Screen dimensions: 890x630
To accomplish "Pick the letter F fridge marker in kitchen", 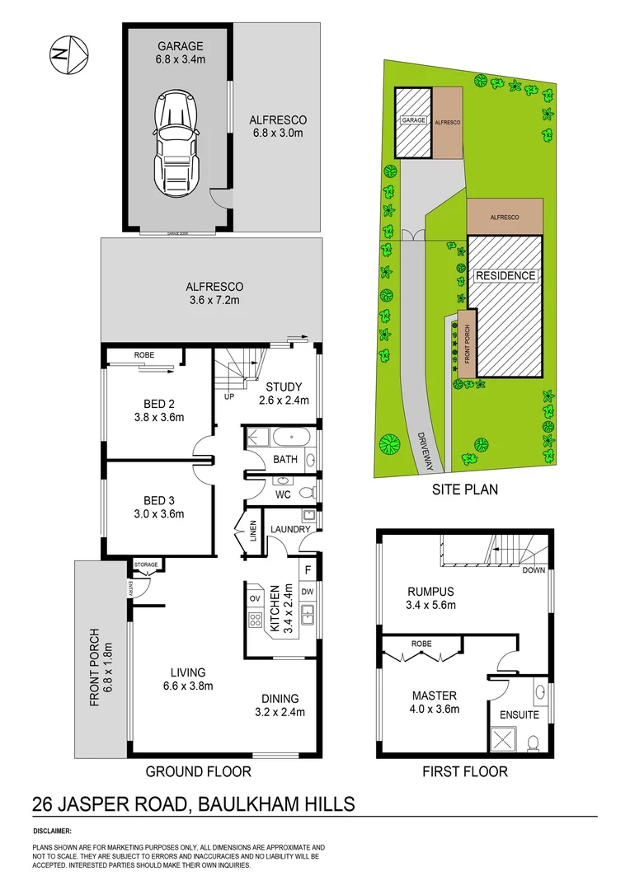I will click(308, 569).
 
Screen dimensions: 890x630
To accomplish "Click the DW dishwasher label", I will click(308, 591).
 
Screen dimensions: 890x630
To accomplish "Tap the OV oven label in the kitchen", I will click(255, 597).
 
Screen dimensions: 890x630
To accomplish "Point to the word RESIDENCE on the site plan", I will click(505, 276).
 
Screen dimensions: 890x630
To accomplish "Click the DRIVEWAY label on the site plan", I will click(427, 452).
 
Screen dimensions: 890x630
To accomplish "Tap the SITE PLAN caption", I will click(465, 489).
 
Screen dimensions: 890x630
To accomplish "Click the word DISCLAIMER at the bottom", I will click(52, 831).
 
